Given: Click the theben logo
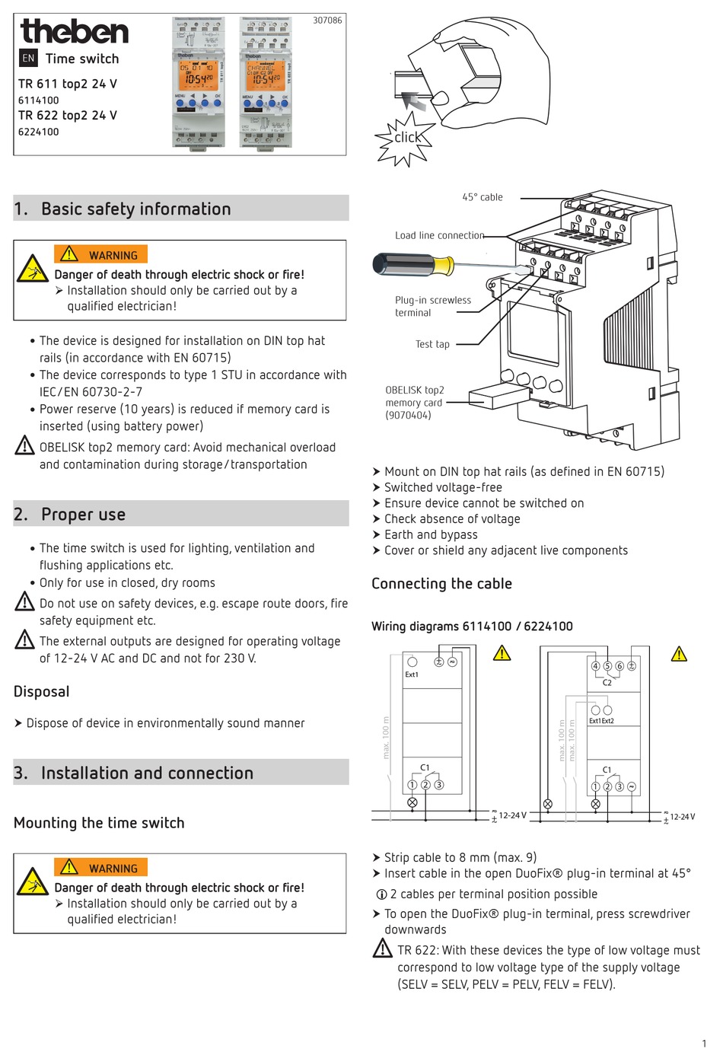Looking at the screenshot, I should (75, 31).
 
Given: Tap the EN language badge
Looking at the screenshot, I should (28, 58).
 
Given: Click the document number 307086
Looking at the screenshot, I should (327, 21).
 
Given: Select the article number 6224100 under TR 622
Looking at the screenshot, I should (39, 132).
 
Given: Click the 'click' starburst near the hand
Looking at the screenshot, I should (406, 138).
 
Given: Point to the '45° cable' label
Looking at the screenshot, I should (483, 197).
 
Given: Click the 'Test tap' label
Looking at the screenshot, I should (432, 344).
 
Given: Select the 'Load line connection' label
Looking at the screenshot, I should (439, 235).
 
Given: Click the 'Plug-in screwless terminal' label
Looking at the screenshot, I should (432, 306).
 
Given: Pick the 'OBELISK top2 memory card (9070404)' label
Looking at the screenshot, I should (414, 402).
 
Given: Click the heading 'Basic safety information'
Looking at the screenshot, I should (135, 209).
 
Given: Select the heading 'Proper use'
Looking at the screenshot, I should (83, 515).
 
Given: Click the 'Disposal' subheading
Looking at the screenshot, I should (42, 691).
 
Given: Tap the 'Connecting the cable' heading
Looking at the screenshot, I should (441, 584).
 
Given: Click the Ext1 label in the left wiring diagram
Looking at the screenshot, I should (412, 674).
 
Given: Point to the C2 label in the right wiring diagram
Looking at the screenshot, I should (607, 682).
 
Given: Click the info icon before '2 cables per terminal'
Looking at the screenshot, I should (382, 894).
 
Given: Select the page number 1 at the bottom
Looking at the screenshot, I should (704, 1043).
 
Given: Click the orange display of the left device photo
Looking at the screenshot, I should (197, 74).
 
